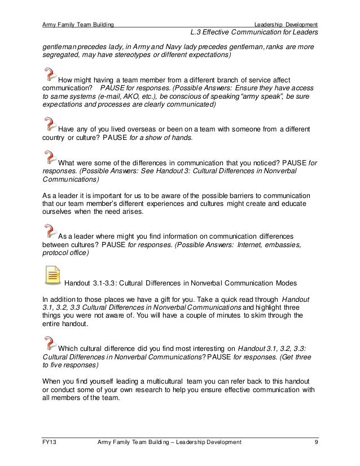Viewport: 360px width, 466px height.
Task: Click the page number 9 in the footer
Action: click(316, 442)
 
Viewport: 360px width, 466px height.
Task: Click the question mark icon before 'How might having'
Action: click(50, 73)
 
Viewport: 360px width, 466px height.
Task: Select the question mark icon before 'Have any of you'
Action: click(50, 123)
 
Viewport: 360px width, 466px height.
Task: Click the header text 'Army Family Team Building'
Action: click(78, 24)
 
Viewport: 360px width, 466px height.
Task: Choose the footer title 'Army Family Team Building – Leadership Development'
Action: click(169, 442)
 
